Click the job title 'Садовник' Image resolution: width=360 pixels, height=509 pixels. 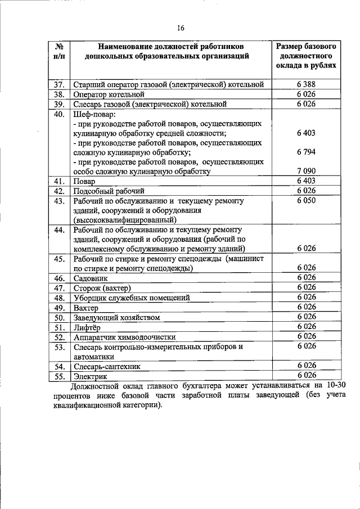90,278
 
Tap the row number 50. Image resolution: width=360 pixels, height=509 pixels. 58,317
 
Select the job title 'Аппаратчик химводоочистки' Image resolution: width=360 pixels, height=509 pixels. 124,337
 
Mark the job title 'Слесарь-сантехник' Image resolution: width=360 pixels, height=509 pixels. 107,366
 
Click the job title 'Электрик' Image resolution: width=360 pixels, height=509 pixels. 90,376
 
